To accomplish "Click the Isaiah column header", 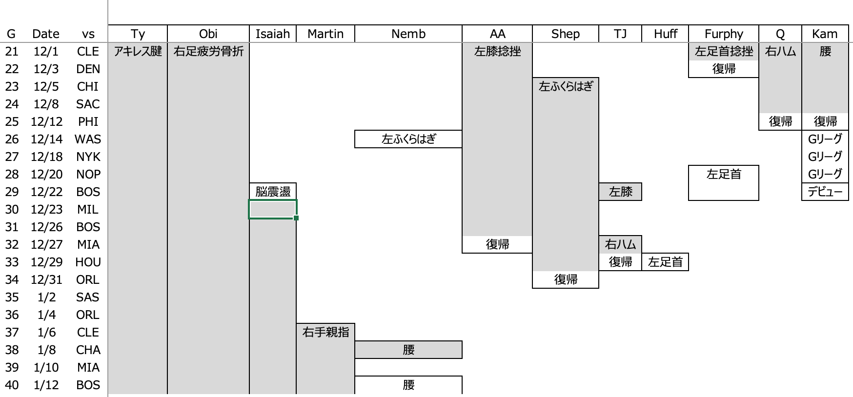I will (x=273, y=34).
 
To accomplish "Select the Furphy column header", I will (x=724, y=34).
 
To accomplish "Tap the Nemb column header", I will (x=408, y=34).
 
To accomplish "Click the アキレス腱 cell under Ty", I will (x=138, y=51).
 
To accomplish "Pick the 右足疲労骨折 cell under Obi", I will (x=208, y=51).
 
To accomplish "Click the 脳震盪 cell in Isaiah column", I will (x=273, y=192).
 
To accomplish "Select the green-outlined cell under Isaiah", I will (x=273, y=209).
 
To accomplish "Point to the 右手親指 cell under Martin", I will (x=325, y=332).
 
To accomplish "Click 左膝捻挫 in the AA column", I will (x=497, y=51).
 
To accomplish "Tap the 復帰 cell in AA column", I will (x=497, y=244).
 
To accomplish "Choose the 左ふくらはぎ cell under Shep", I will (x=566, y=86).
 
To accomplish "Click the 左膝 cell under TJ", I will (x=620, y=192).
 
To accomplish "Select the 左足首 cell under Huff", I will (x=665, y=262).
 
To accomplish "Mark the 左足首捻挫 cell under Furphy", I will (x=724, y=51).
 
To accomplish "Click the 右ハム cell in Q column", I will (x=780, y=51).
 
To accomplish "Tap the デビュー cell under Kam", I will (x=825, y=192).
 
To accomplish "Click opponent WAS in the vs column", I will (x=88, y=139).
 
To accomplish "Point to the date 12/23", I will (x=46, y=209).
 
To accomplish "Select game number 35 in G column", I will (x=11, y=297).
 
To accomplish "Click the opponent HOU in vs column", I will (x=88, y=262).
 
